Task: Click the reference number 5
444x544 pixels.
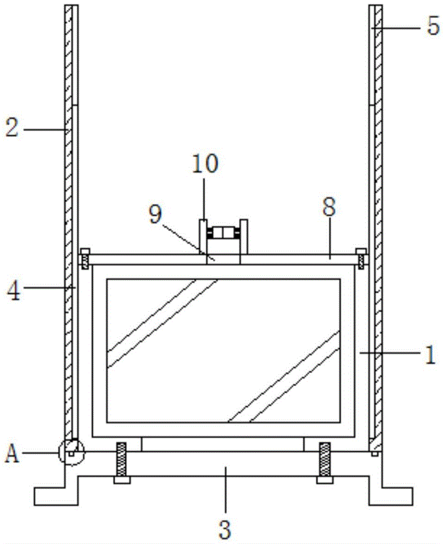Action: tap(433, 26)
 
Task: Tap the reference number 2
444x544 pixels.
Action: tap(11, 128)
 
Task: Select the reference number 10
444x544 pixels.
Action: tap(205, 164)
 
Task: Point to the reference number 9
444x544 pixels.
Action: tap(156, 214)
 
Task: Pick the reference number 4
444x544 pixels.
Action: tap(14, 292)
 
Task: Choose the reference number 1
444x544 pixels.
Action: tap(430, 355)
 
